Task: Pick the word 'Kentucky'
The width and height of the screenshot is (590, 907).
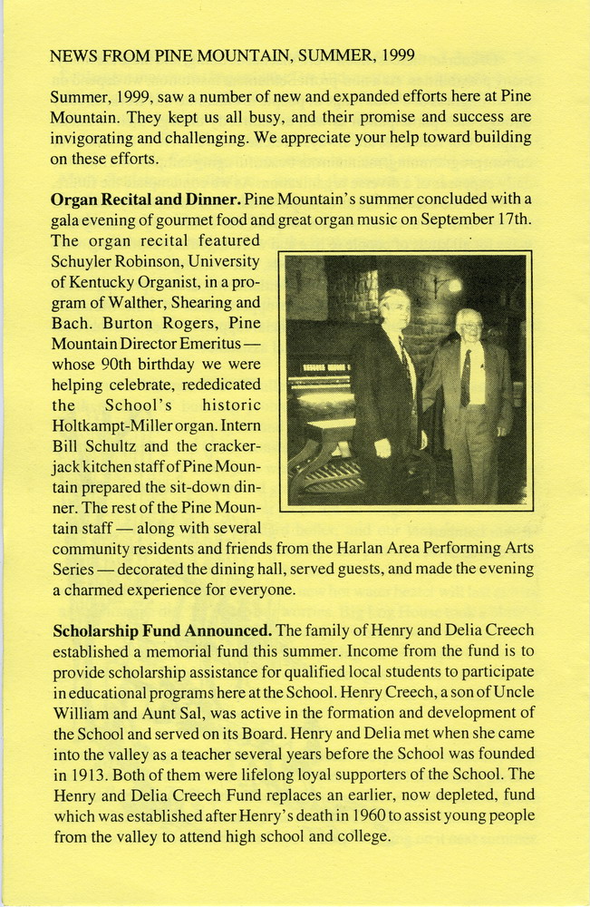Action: (106, 282)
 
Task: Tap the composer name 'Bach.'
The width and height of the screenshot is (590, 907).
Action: (72, 324)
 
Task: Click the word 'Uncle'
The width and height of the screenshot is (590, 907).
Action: (514, 692)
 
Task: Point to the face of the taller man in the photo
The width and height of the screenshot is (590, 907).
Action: (395, 310)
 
